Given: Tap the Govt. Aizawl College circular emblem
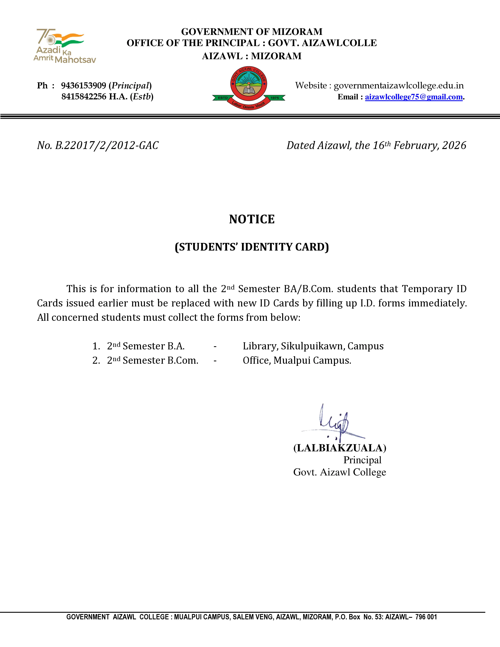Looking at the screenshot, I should coord(249,87).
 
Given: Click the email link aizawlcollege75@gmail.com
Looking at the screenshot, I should coord(414,97).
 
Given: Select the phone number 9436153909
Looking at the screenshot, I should coord(84,86).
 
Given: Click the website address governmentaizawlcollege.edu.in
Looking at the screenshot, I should coord(398,86).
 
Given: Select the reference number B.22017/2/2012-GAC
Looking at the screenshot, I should coord(107,145).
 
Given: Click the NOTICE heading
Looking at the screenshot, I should coord(252,219).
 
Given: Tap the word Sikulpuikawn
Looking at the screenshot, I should coord(313,346).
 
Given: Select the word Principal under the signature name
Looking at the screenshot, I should coord(362,460).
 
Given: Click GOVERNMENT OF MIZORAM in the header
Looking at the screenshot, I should coord(252,32).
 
